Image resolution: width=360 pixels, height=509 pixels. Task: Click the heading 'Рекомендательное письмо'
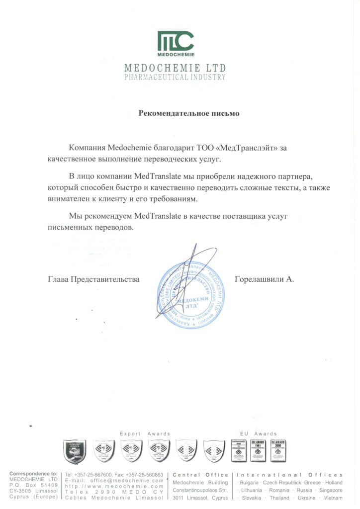(188, 113)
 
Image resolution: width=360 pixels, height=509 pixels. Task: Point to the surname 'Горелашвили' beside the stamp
(259, 279)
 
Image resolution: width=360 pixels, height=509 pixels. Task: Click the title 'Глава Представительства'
(93, 279)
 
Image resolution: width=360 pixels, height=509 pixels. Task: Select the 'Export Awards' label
(145, 434)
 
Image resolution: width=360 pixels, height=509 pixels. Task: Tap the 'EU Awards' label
(258, 434)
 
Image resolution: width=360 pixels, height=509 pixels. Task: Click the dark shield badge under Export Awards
(75, 451)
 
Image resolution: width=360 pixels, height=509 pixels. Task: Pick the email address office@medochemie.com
(128, 481)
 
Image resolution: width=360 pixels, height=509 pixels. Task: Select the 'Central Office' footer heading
(200, 475)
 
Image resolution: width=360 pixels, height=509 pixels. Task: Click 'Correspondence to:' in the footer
(33, 474)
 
